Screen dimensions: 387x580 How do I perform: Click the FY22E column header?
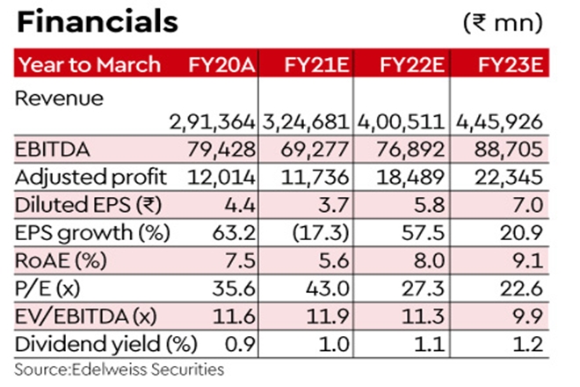point(407,64)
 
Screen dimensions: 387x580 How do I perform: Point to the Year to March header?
point(90,64)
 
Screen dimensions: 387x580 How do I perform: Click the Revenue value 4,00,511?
point(403,120)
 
